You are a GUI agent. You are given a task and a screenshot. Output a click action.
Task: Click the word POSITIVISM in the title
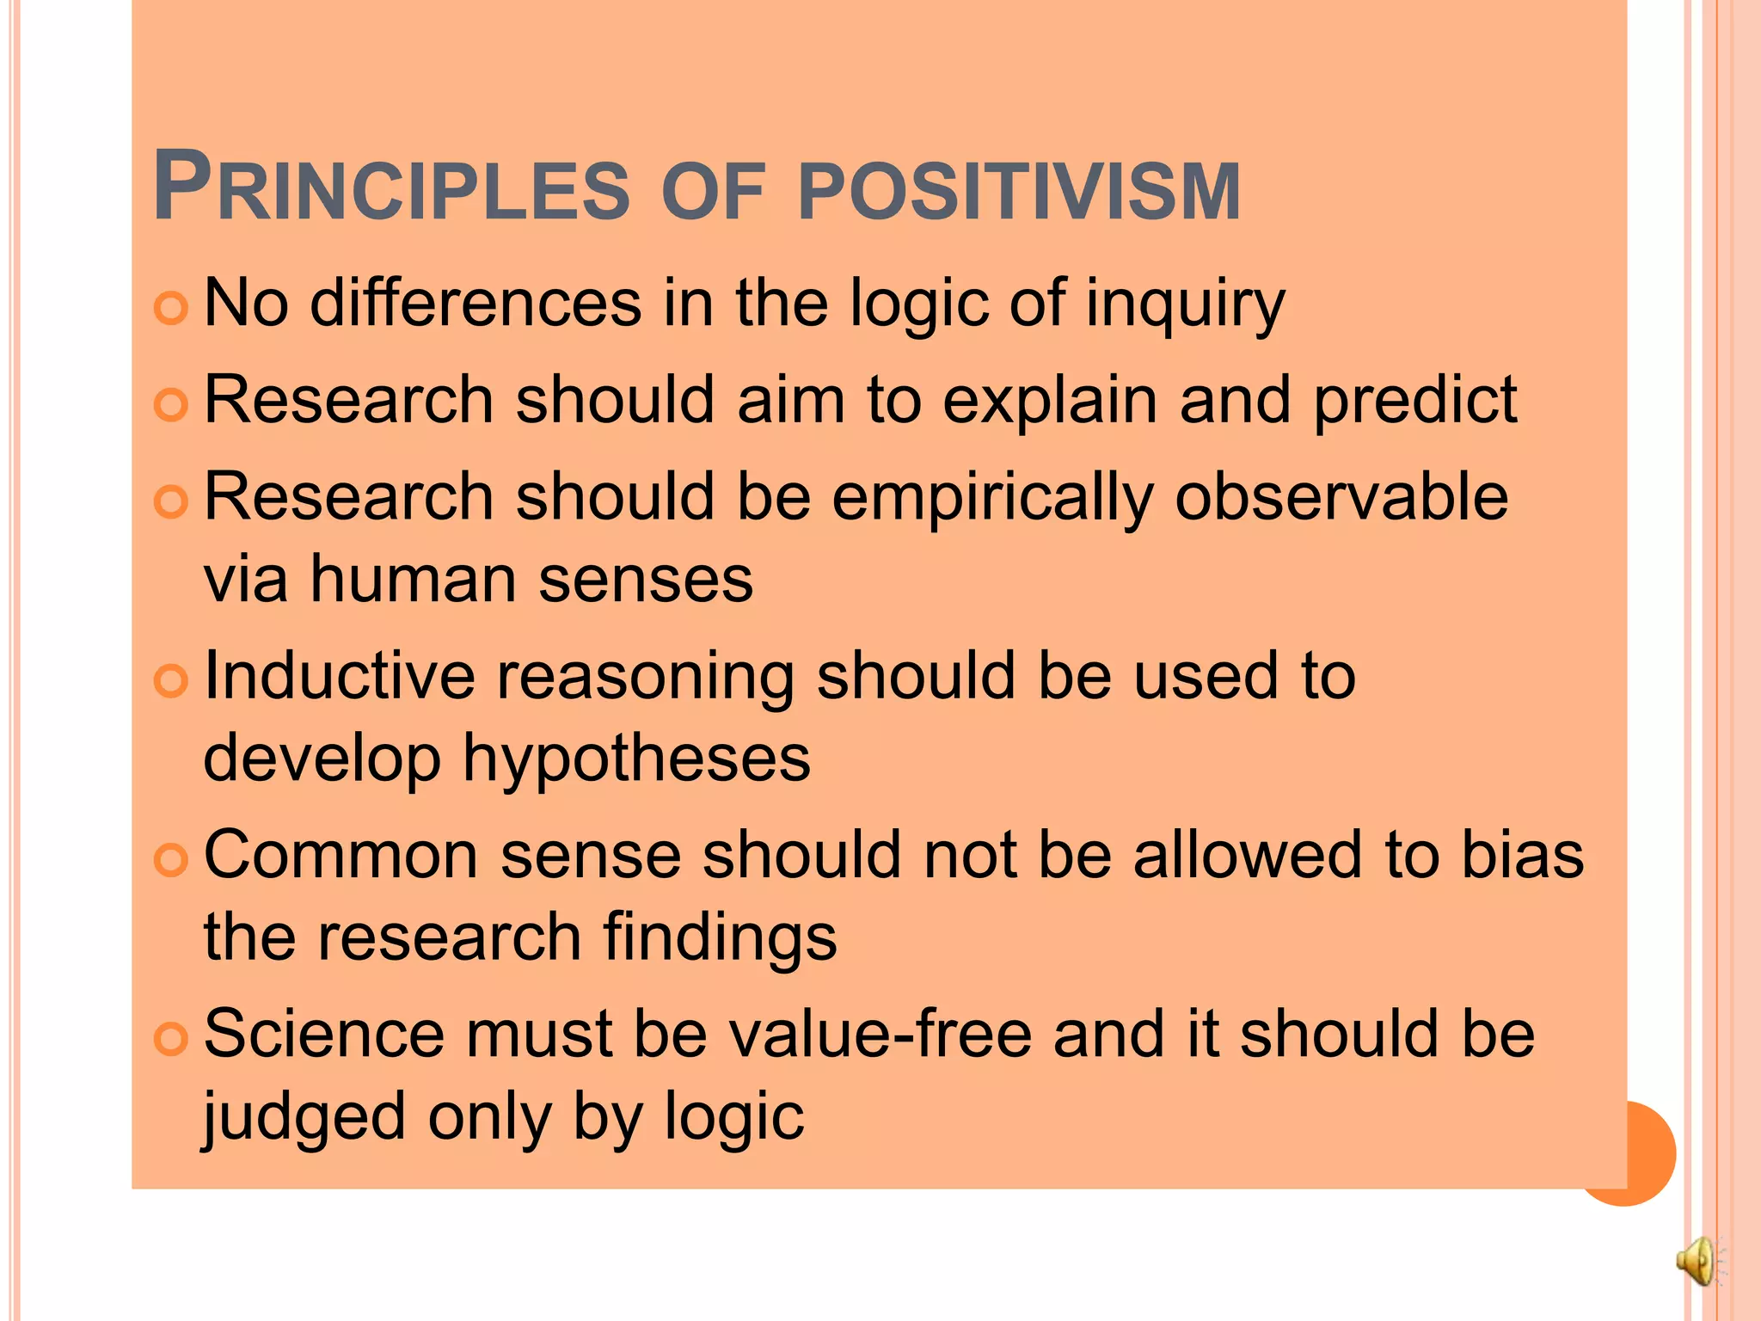[x=1019, y=191]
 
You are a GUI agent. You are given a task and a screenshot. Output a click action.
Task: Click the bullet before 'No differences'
[x=170, y=308]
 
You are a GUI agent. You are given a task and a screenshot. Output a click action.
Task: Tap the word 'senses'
[x=646, y=580]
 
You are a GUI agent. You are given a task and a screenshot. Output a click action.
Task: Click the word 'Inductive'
[x=339, y=676]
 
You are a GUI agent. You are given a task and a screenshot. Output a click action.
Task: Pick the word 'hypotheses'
[x=636, y=759]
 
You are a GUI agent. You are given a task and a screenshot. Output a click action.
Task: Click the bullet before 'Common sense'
[x=170, y=858]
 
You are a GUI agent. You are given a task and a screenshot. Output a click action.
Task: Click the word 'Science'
[x=324, y=1035]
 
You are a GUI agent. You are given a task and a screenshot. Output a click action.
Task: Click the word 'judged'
[x=304, y=1118]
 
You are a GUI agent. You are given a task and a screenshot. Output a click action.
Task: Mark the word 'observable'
[x=1341, y=498]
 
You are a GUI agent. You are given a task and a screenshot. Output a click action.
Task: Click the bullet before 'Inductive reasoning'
[x=170, y=681]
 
